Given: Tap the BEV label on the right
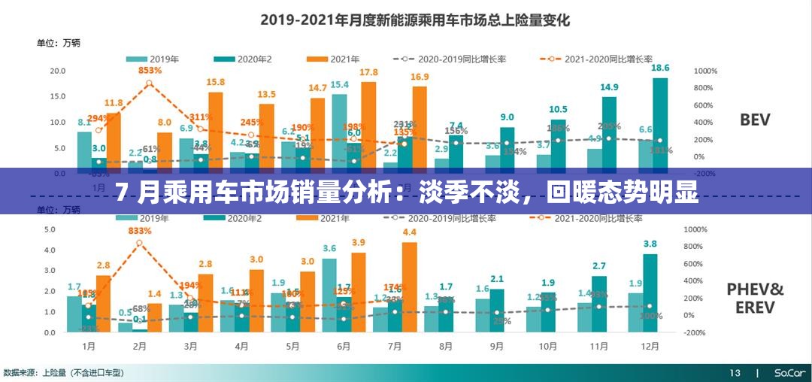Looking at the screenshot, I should point(754,120).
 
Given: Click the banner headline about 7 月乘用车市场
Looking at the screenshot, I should point(406,193).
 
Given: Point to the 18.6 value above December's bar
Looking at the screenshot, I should point(659,68).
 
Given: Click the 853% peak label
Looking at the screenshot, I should point(150,70).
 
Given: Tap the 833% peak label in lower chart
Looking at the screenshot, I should point(141,231).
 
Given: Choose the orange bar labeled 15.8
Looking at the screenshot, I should point(216,126).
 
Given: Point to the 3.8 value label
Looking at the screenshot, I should point(650,244).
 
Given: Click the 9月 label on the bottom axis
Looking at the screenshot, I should point(496,347).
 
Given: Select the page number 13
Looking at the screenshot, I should point(734,373).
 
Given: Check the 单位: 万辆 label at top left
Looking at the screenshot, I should point(59,43).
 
